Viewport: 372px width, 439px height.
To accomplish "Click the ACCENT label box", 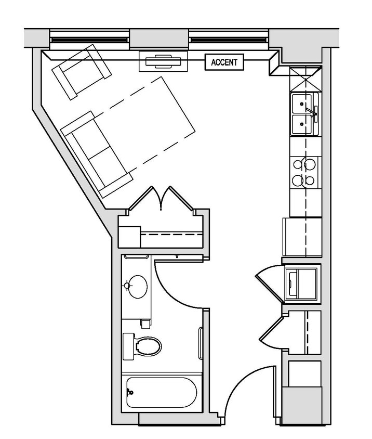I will click(224, 62).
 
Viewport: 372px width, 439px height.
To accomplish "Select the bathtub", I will click(162, 392).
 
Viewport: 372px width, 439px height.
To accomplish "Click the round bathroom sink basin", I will click(137, 287).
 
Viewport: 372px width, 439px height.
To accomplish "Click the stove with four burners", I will click(304, 172).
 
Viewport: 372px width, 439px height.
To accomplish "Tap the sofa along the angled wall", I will click(97, 154).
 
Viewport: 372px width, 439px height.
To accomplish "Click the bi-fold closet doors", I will click(162, 198).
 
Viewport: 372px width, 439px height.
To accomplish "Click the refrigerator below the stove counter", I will click(302, 237).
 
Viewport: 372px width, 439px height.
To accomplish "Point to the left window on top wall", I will click(89, 38).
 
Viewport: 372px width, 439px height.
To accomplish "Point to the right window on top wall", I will click(230, 38).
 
